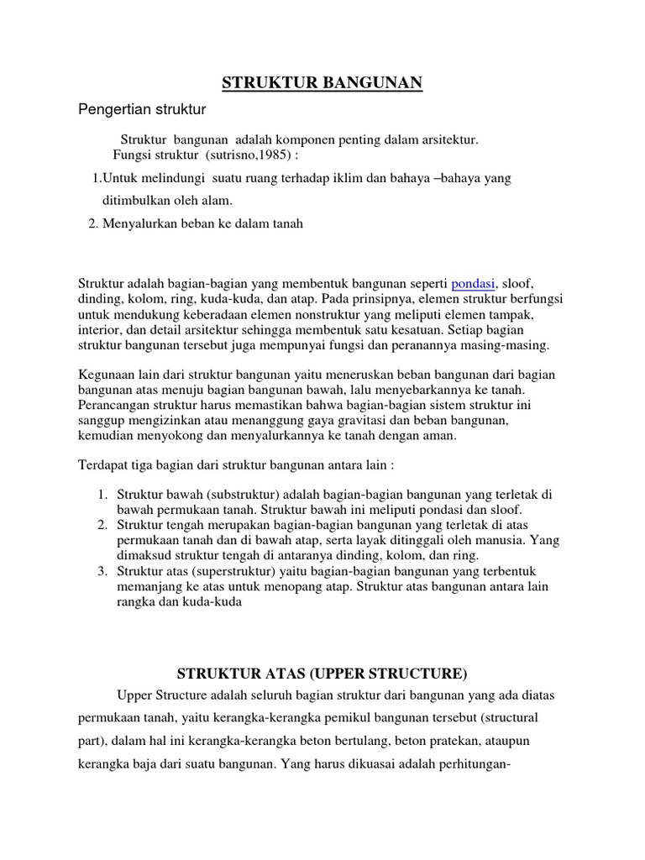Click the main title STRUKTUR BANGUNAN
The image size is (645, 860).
[322, 82]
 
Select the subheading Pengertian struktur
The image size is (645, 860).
[142, 109]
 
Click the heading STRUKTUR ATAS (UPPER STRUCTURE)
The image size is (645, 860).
[322, 674]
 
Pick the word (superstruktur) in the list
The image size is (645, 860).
[242, 571]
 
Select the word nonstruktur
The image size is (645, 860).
[325, 314]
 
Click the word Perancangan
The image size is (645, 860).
[113, 404]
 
